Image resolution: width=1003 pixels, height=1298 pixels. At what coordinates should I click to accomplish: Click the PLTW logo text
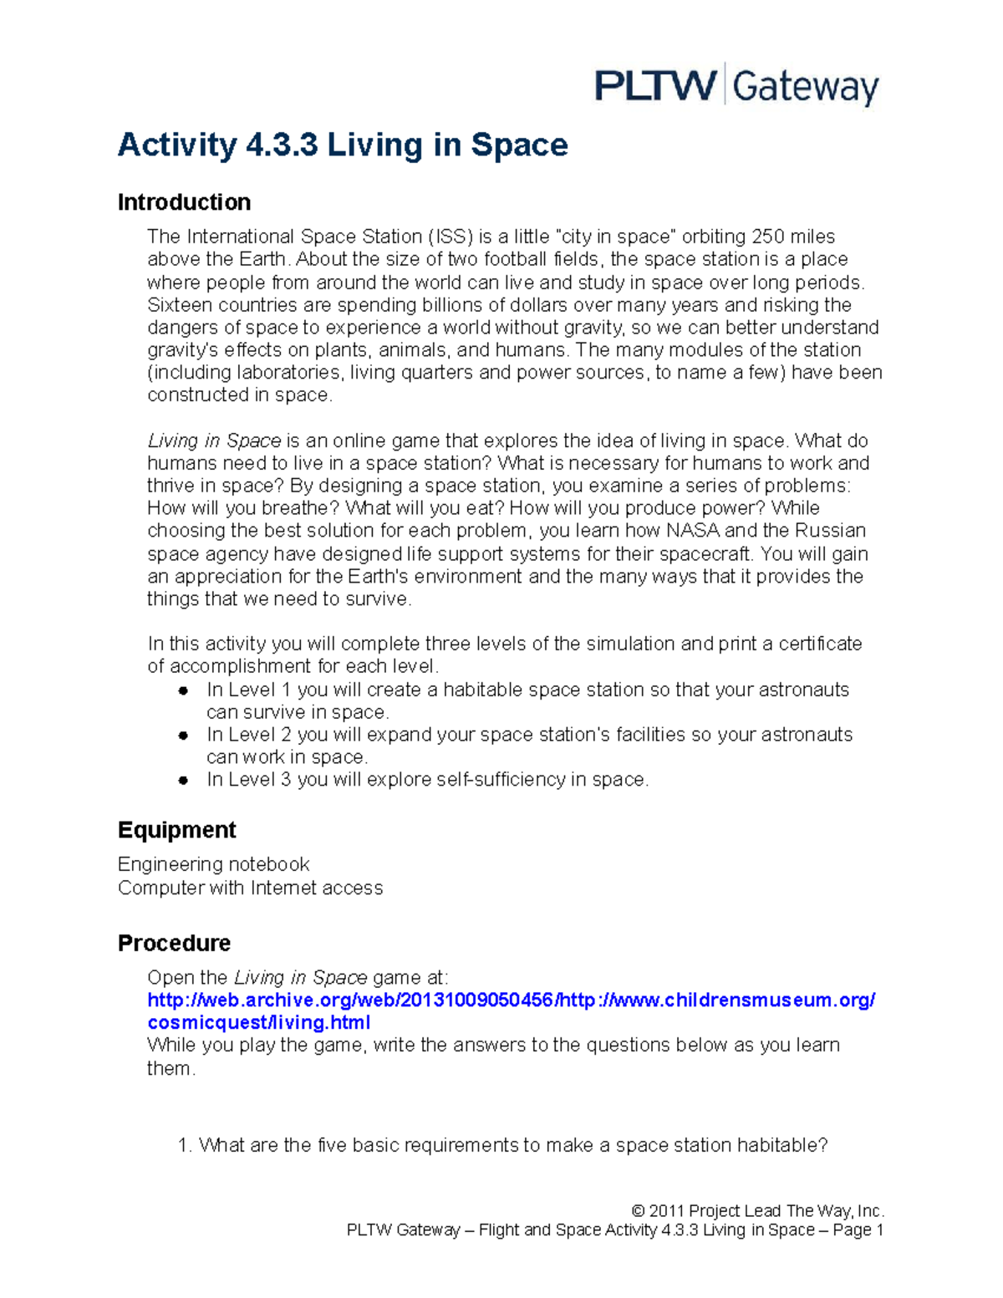coord(655,85)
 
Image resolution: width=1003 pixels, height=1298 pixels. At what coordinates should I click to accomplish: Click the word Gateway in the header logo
coord(806,87)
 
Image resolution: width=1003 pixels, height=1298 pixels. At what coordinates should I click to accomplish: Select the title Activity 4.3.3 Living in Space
coord(343,145)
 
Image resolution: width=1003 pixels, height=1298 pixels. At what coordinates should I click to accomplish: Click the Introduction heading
coord(184,202)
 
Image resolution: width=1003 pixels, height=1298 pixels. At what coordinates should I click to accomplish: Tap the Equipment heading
coord(176,830)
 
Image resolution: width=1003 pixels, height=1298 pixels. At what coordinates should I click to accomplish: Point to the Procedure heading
coord(174,943)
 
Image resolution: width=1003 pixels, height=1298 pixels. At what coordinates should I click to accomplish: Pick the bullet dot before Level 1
coord(183,690)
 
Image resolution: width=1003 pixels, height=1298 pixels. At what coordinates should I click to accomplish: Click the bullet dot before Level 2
coord(183,736)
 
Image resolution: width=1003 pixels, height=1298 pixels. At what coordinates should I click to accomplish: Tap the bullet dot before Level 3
coord(183,781)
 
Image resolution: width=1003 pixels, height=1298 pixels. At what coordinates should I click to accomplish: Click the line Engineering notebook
coord(213,864)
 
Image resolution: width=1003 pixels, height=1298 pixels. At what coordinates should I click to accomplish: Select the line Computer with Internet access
coord(250,888)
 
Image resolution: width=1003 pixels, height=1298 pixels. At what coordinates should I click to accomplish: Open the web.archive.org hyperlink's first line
coord(511,1000)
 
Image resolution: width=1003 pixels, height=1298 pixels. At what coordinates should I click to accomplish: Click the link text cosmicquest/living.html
coord(258,1023)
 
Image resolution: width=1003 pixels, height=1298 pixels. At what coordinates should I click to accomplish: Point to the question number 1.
coord(185,1145)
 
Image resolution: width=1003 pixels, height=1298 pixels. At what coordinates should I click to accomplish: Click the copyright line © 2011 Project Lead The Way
coord(757,1210)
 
